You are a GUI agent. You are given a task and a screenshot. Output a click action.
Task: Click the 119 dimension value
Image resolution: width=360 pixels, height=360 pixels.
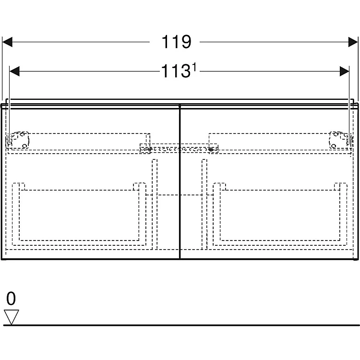(x=176, y=42)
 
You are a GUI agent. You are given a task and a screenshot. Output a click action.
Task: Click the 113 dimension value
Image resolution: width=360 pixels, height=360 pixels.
(x=176, y=71)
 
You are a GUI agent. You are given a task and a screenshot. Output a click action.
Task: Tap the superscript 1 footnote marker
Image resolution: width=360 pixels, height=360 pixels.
(x=194, y=68)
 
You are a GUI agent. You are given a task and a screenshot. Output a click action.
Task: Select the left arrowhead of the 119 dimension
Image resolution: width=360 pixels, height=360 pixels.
(x=7, y=42)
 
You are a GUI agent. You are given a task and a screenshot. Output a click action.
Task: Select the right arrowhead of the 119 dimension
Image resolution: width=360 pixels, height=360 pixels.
(x=353, y=42)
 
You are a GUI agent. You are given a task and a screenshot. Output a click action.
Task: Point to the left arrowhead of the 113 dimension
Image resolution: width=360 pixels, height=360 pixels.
(x=14, y=71)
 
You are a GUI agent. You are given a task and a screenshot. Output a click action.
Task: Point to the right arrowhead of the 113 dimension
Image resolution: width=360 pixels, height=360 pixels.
(x=344, y=71)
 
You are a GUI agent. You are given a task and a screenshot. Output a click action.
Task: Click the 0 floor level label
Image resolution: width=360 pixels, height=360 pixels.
(x=11, y=299)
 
